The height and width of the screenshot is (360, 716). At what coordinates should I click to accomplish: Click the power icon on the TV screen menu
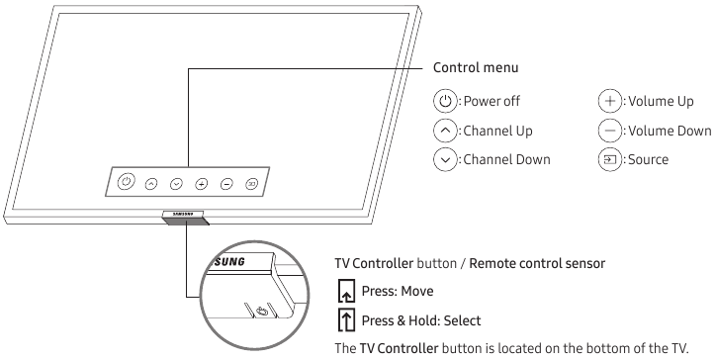click(x=126, y=181)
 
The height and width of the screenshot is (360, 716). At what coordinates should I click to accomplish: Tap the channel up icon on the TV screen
click(x=151, y=183)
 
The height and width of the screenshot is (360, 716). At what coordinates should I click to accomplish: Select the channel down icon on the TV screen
click(x=176, y=183)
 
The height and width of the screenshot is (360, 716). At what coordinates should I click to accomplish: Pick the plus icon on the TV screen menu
click(x=201, y=183)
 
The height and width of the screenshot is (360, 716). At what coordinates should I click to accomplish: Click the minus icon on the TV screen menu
click(x=226, y=183)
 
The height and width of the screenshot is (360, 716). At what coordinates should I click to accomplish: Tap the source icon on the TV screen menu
click(x=251, y=183)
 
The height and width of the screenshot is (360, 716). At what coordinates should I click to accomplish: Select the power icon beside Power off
click(x=445, y=101)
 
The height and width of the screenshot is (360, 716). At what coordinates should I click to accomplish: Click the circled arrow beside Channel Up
click(x=445, y=131)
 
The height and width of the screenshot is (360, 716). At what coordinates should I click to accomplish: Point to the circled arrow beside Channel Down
click(x=445, y=159)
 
